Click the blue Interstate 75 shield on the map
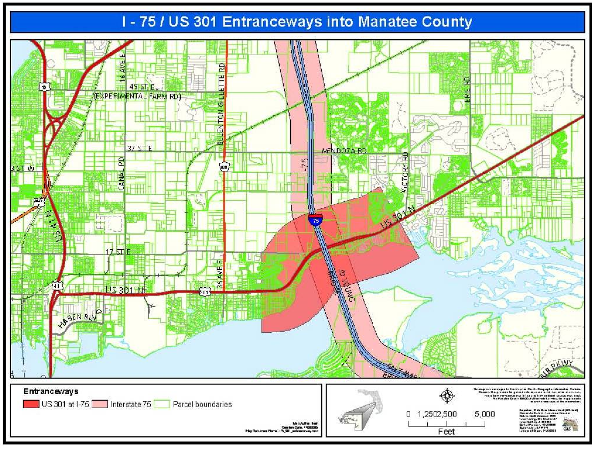point(316,220)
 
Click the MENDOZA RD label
point(344,151)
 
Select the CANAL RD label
point(121,174)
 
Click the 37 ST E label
point(140,148)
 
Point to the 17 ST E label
point(118,252)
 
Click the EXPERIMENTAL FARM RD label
point(137,96)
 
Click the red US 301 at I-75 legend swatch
point(31,404)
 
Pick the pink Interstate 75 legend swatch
point(100,404)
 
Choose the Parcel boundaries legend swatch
point(162,404)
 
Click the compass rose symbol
point(447,395)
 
